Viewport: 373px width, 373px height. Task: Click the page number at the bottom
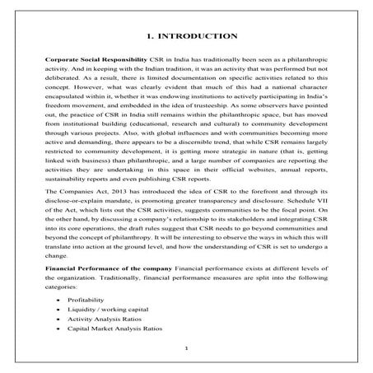coord(186,348)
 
